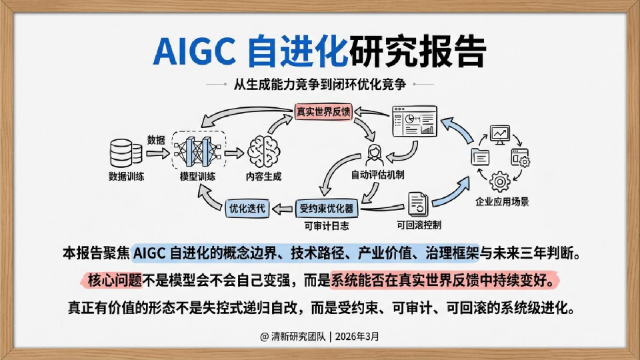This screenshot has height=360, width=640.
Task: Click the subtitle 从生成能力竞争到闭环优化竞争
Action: click(320, 85)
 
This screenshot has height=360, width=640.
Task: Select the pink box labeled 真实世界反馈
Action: click(323, 111)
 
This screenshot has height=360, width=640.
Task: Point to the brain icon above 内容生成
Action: click(263, 153)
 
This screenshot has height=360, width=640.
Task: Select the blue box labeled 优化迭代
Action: click(247, 209)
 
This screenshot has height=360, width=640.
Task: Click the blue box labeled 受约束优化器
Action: click(327, 209)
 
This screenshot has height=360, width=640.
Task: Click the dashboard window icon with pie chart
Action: click(414, 123)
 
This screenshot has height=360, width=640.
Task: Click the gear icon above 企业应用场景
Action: click(500, 181)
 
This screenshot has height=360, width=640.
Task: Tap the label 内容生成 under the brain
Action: click(263, 177)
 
